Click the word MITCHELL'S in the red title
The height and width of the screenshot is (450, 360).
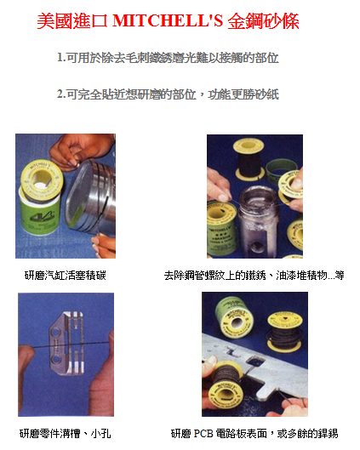(168, 20)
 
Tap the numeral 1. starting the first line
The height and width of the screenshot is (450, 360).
(61, 57)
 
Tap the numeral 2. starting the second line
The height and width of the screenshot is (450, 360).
(61, 94)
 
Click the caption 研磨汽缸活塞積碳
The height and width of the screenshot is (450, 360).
(66, 276)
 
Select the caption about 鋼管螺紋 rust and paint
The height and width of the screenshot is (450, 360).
(254, 276)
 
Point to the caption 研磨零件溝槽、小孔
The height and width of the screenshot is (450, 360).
(66, 433)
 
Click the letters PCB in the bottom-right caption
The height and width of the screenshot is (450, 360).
(203, 433)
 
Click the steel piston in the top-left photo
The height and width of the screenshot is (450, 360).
(90, 198)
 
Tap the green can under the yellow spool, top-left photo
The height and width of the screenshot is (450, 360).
(40, 213)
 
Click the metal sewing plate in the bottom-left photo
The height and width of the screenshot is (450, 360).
(67, 343)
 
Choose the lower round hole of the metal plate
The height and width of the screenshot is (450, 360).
(55, 360)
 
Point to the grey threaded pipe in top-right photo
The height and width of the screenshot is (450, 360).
(257, 221)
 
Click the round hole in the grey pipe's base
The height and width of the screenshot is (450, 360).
(256, 247)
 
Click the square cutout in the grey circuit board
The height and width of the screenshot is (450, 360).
(254, 362)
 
